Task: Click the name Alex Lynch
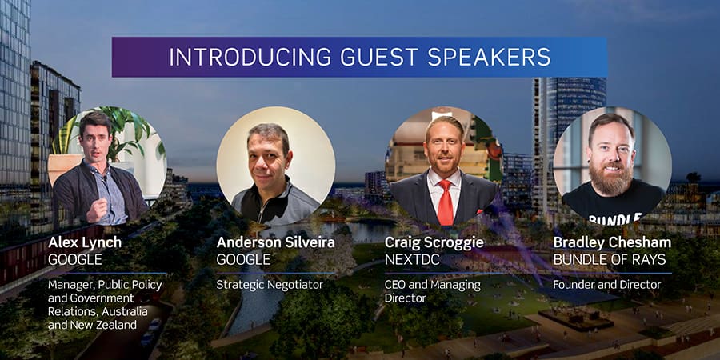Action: point(85,243)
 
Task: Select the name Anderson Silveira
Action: point(275,242)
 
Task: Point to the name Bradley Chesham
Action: point(612,243)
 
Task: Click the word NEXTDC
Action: point(412,260)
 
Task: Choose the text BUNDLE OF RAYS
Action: point(610,260)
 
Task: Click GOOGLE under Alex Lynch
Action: point(75,260)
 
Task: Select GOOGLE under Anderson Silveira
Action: point(243,260)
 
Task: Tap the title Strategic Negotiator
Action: point(270,285)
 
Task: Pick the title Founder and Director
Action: point(606,285)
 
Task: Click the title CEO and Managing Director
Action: point(433,291)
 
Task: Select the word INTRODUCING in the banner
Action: point(250,57)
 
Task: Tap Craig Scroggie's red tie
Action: point(445,202)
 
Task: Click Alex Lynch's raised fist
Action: point(97,210)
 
